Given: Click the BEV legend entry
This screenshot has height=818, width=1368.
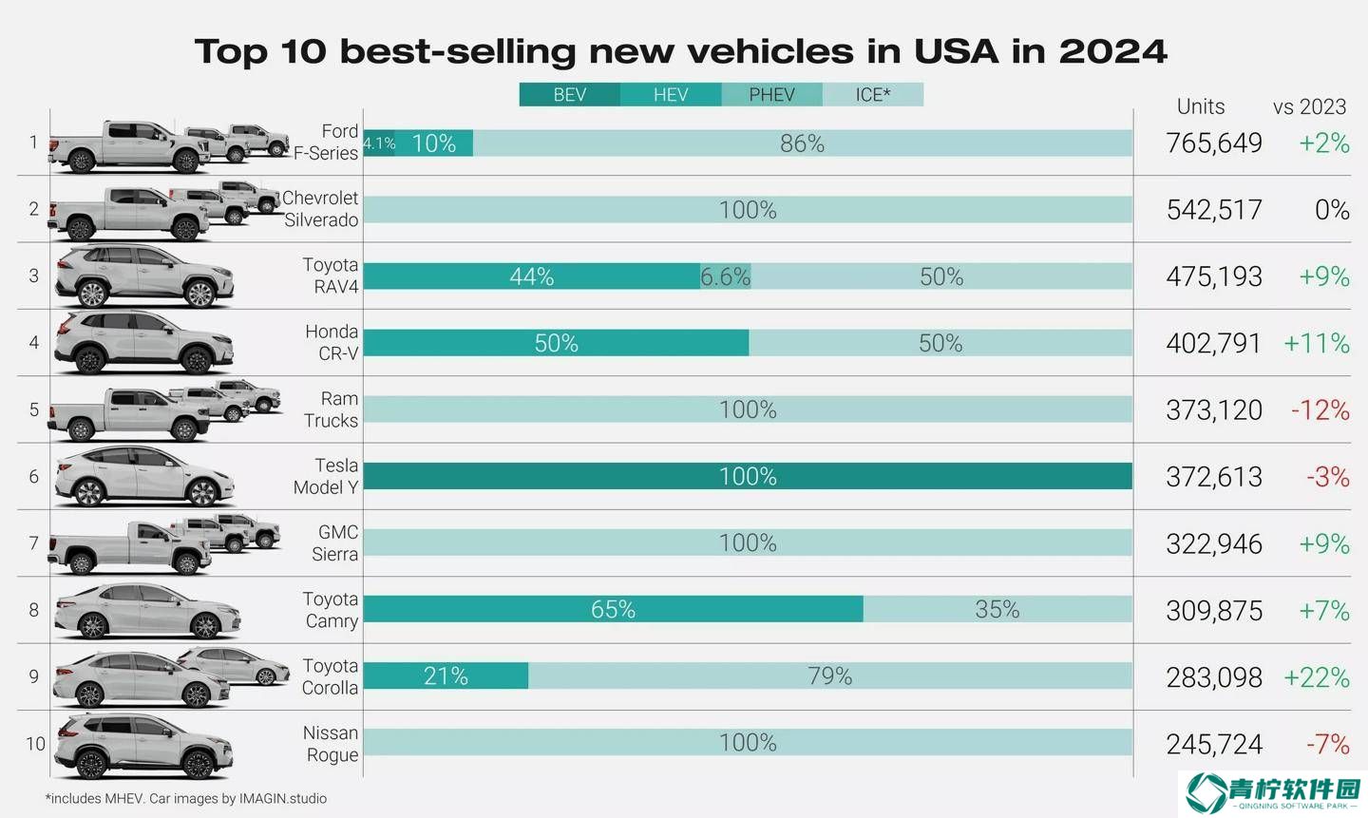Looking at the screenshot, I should tap(570, 95).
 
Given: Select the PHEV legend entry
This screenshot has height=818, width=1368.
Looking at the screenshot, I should tap(771, 95).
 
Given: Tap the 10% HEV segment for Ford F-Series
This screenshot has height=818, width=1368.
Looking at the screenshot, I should tap(434, 143).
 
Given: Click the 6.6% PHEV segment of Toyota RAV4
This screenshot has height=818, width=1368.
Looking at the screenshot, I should tap(725, 276).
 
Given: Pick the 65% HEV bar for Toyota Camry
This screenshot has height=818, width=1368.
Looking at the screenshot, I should tap(613, 609).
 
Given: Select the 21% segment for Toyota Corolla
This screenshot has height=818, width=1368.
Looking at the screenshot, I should tap(446, 676).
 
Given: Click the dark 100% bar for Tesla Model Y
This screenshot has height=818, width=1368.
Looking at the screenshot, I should tap(748, 476).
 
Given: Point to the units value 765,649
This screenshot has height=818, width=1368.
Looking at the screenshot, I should tap(1214, 143).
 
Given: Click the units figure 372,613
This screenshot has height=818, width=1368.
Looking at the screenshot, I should tap(1214, 477).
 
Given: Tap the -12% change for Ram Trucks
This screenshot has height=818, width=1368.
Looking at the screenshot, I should tap(1320, 410).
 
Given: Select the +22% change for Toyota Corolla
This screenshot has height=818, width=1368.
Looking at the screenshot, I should tap(1316, 677).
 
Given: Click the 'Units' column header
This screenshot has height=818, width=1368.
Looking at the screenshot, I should tap(1201, 106).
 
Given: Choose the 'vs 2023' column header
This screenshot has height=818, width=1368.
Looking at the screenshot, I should tap(1309, 106).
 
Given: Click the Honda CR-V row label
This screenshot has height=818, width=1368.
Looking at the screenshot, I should tap(332, 343).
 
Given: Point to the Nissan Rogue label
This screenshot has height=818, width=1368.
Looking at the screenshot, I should tap(332, 744).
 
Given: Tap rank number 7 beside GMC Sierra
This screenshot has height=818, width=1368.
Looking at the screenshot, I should tap(34, 543).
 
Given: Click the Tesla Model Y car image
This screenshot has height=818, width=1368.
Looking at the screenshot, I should tap(142, 477).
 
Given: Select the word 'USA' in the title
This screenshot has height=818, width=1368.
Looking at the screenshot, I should tap(956, 51).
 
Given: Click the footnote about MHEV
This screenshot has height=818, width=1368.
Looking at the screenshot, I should tap(186, 799).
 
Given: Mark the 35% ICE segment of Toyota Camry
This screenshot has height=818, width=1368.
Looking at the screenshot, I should tap(997, 609).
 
